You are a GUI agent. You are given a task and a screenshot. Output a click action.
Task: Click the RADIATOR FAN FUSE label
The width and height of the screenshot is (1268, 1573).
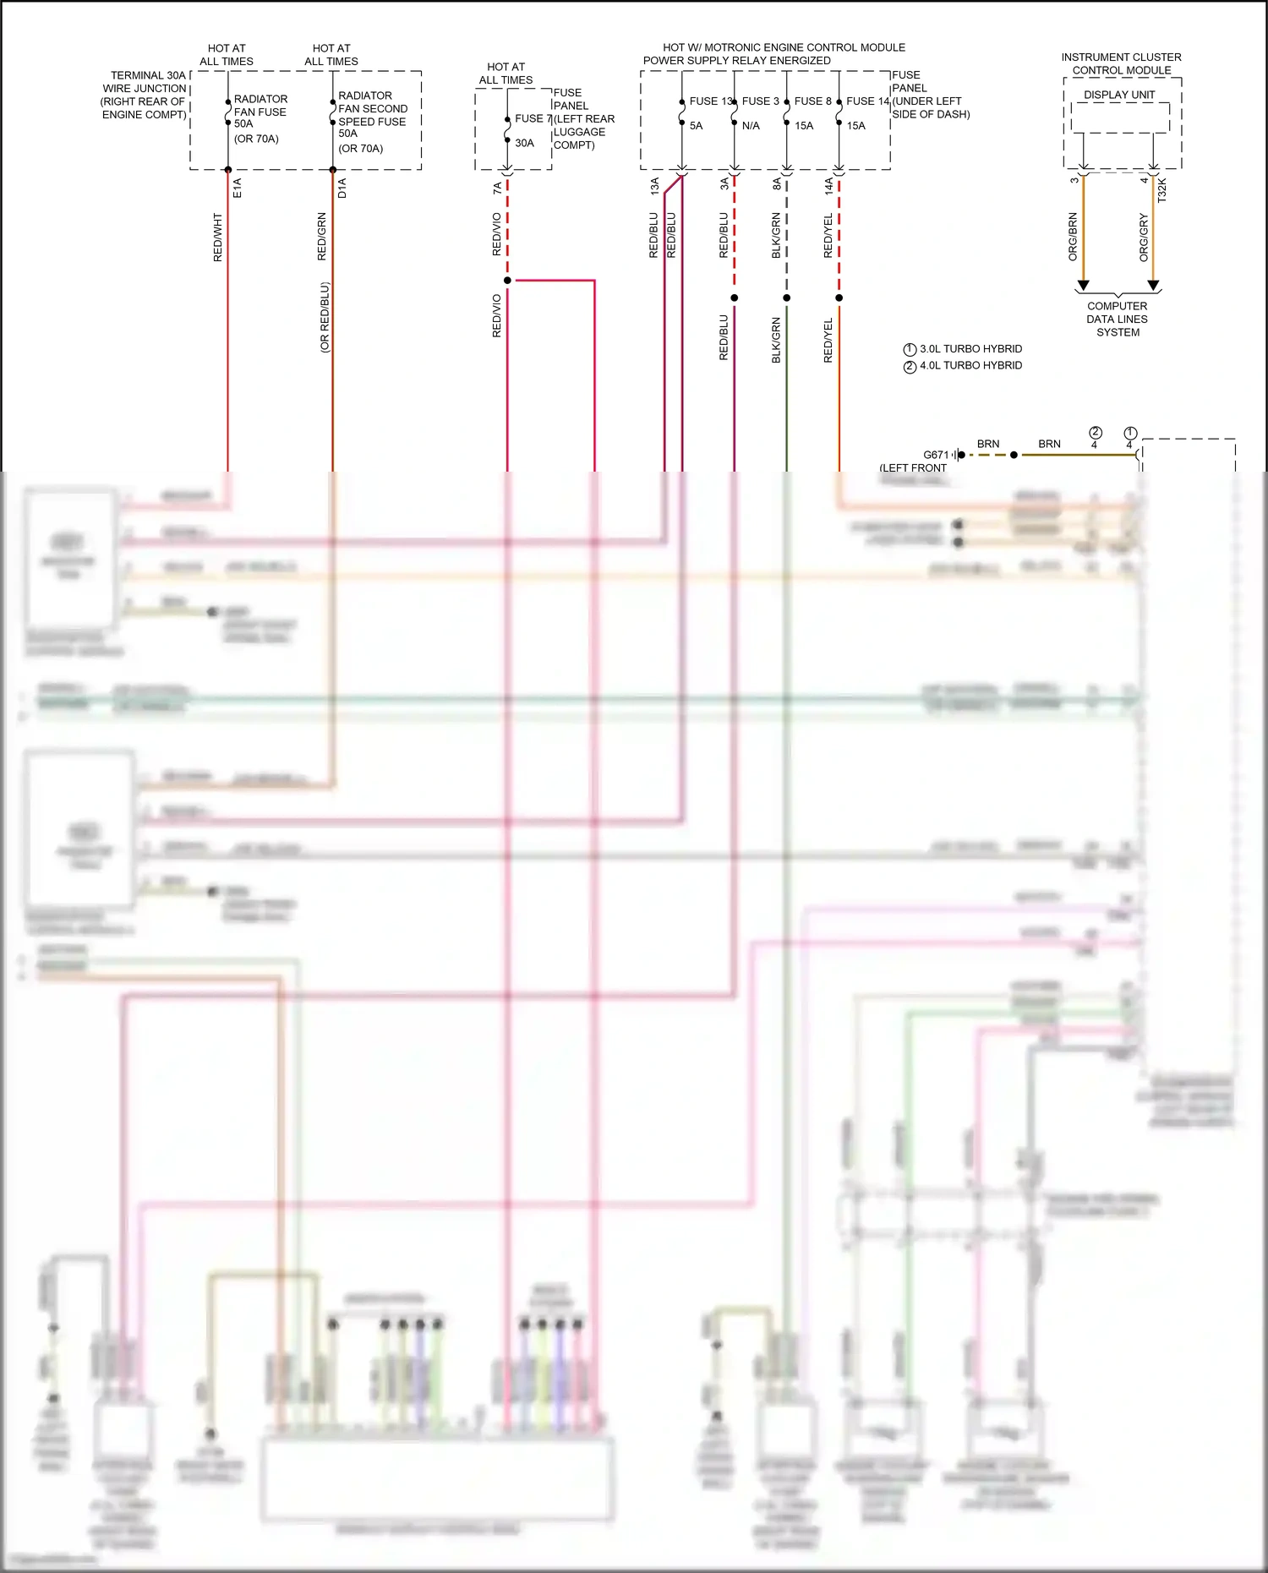pyautogui.click(x=260, y=106)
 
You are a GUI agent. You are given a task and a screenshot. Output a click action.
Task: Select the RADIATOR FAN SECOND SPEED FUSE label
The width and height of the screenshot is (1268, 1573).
pyautogui.click(x=372, y=109)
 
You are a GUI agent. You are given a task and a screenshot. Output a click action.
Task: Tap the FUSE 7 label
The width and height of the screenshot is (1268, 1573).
pyautogui.click(x=533, y=119)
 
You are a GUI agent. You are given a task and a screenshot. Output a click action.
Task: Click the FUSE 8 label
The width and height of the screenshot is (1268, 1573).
pyautogui.click(x=812, y=101)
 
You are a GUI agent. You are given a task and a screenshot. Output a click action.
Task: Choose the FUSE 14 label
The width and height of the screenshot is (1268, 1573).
pyautogui.click(x=868, y=101)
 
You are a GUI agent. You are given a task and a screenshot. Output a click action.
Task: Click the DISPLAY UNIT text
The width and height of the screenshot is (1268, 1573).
pyautogui.click(x=1119, y=95)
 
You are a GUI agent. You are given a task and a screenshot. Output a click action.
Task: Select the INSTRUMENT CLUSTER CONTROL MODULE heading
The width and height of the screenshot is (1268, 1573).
pyautogui.click(x=1121, y=63)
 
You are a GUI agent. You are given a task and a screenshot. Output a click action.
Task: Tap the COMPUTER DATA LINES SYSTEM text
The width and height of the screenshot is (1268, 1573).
pyautogui.click(x=1118, y=320)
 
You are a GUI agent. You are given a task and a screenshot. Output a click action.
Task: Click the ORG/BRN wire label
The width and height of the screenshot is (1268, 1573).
pyautogui.click(x=1073, y=237)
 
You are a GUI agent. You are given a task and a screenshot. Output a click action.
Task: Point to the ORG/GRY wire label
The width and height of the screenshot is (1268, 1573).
pyautogui.click(x=1144, y=237)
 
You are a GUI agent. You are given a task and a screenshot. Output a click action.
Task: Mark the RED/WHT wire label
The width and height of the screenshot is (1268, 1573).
pyautogui.click(x=217, y=238)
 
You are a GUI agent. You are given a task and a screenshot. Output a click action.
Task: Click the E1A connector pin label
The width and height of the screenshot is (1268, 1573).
pyautogui.click(x=238, y=188)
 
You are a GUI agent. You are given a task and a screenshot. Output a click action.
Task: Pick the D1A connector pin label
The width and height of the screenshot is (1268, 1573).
pyautogui.click(x=342, y=188)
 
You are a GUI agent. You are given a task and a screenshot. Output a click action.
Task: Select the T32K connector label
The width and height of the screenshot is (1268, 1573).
pyautogui.click(x=1162, y=189)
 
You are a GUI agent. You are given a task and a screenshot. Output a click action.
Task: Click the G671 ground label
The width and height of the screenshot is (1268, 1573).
pyautogui.click(x=936, y=455)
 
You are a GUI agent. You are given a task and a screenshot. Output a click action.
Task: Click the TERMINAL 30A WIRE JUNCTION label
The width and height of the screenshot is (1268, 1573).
pyautogui.click(x=145, y=95)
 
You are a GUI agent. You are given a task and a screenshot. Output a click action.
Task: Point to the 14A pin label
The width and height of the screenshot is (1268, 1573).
pyautogui.click(x=828, y=186)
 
